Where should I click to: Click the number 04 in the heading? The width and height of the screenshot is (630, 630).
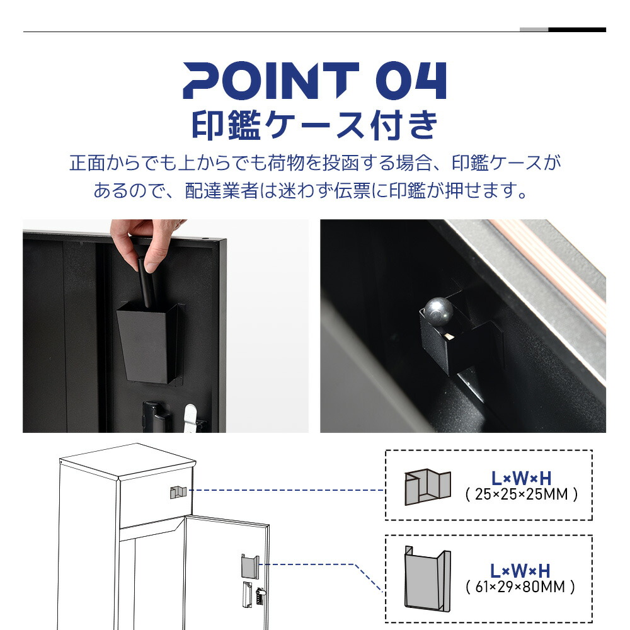(411, 81)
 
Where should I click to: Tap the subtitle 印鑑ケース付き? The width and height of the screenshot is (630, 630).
(314, 125)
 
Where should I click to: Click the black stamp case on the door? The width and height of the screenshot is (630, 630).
(149, 342)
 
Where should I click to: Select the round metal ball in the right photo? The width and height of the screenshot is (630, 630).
(438, 311)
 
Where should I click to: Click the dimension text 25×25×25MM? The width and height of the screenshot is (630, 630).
(521, 494)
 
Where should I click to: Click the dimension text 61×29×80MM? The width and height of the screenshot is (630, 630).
(520, 587)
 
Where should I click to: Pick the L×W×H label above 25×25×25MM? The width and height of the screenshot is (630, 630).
(521, 478)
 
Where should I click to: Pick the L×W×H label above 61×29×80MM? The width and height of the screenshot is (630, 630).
(520, 571)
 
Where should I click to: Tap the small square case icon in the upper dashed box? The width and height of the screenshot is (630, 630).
(427, 486)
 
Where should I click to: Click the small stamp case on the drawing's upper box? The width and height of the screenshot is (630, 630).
(178, 492)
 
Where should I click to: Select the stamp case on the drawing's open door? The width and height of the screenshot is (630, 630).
(250, 566)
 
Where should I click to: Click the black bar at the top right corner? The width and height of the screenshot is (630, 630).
(577, 30)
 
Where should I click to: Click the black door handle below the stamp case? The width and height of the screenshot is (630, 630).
(156, 417)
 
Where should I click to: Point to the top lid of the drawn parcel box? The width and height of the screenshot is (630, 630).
(128, 462)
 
